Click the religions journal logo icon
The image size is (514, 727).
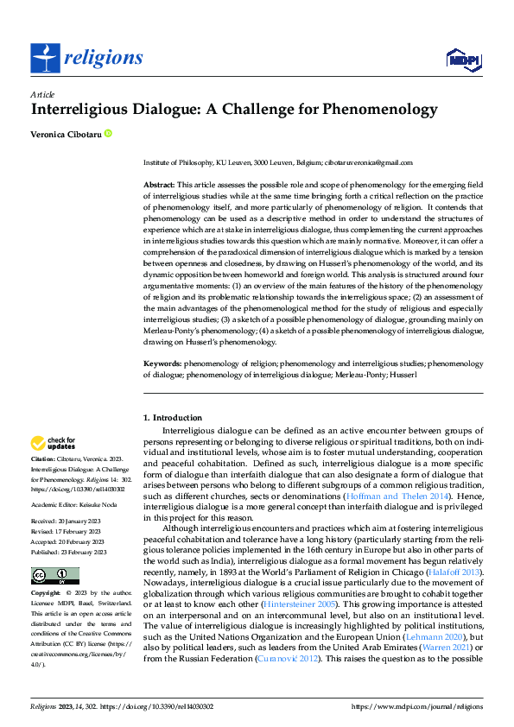[x=46, y=58]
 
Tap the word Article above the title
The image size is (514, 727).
[x=42, y=94]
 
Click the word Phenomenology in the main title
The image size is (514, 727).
[x=374, y=111]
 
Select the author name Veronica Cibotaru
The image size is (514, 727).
[x=66, y=134]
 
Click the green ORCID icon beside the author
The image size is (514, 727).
[x=108, y=134]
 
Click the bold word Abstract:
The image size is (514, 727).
[x=159, y=186]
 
